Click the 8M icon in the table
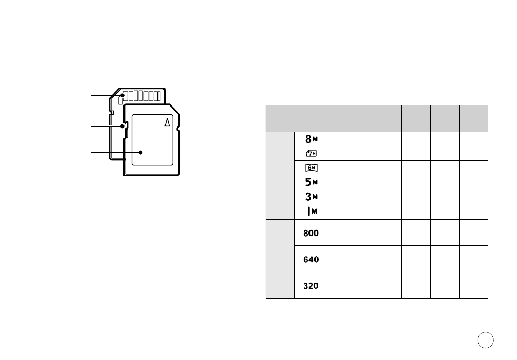311,139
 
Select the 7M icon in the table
311,153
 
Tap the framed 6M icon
311,168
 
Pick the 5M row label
311,182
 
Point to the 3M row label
311,197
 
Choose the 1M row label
312,211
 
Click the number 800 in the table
311,233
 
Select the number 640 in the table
311,259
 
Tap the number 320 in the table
311,286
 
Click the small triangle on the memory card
168,122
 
